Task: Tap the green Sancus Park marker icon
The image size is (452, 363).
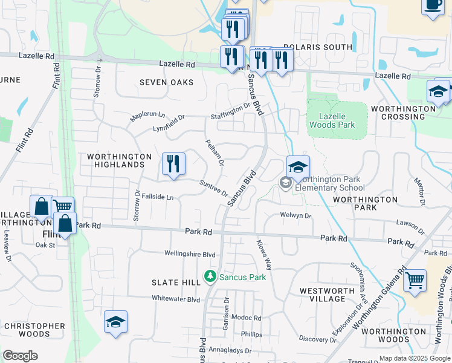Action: tap(210, 277)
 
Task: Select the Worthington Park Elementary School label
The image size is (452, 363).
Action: tap(328, 183)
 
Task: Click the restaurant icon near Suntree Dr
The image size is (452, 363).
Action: tap(173, 164)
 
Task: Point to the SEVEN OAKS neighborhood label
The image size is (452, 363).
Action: tap(166, 82)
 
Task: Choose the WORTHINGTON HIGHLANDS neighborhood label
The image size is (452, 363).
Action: tap(119, 160)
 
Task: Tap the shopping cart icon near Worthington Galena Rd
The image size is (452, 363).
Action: tap(415, 281)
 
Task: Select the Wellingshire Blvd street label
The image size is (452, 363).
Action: tap(190, 255)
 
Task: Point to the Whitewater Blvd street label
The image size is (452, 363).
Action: tap(176, 299)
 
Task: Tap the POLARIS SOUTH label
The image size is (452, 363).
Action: tap(326, 47)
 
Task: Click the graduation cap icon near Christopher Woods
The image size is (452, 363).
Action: tap(115, 322)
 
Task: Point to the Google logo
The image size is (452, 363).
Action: tap(20, 356)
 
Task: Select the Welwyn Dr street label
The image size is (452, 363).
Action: tap(295, 215)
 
